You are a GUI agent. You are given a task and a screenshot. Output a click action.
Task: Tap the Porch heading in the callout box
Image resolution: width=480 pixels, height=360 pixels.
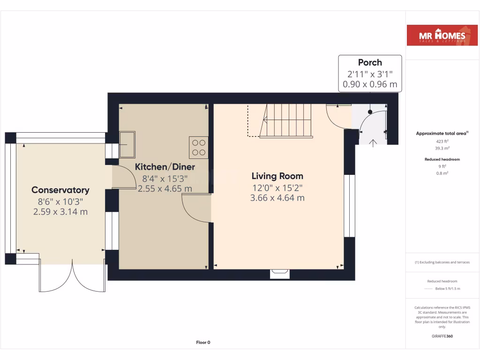[370, 62]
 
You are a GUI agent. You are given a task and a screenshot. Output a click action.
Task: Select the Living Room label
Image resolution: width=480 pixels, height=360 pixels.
[277, 176]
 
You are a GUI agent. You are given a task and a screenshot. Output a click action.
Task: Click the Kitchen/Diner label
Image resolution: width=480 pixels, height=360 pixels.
[165, 167]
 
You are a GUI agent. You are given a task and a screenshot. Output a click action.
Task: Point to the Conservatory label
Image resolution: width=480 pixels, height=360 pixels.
[60, 190]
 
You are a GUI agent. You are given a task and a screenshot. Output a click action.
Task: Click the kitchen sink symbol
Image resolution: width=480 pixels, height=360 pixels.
[127, 145]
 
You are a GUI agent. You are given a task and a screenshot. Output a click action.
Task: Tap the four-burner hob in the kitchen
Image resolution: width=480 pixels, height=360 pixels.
[198, 148]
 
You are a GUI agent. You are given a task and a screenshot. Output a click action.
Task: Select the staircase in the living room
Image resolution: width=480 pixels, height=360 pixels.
[286, 120]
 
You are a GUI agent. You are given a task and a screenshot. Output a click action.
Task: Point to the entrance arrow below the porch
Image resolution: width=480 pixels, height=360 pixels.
[373, 143]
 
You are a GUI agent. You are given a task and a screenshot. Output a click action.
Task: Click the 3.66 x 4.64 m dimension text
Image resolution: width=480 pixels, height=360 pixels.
[277, 198]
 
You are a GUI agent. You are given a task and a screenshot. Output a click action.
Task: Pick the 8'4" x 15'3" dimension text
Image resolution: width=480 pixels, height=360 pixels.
[165, 178]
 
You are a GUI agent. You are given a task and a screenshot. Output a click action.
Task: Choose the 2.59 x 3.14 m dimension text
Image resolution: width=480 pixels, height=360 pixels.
[60, 212]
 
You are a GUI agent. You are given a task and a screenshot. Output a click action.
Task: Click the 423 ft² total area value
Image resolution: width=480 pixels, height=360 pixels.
[442, 141]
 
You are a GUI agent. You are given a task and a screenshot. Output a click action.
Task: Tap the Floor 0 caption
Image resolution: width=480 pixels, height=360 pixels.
[203, 342]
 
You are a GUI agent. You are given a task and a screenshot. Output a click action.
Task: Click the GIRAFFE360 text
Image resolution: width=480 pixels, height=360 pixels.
[442, 336]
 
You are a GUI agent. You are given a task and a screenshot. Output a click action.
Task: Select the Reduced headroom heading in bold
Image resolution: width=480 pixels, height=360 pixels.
[442, 159]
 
